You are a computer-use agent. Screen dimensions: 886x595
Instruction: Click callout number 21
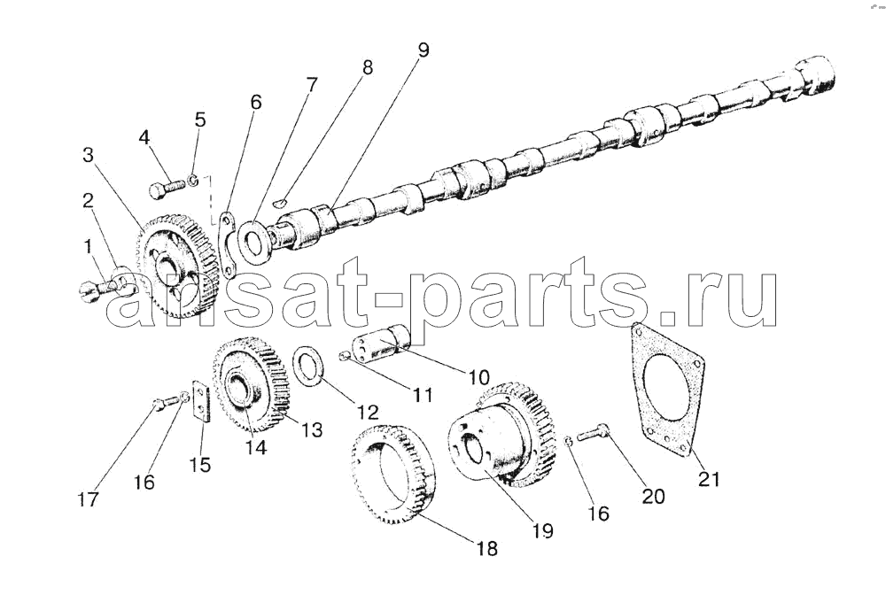click(x=709, y=479)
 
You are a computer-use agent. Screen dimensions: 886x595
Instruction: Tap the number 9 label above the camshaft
click(x=424, y=50)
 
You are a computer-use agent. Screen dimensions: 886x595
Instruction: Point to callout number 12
click(x=367, y=412)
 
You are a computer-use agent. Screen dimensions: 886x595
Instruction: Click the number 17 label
click(x=89, y=499)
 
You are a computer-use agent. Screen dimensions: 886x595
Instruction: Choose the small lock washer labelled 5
click(x=193, y=181)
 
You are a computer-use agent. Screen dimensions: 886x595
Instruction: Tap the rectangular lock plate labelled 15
click(x=202, y=400)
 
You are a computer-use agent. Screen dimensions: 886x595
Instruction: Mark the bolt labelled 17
click(x=163, y=403)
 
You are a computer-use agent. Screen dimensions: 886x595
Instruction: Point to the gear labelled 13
click(x=251, y=383)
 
